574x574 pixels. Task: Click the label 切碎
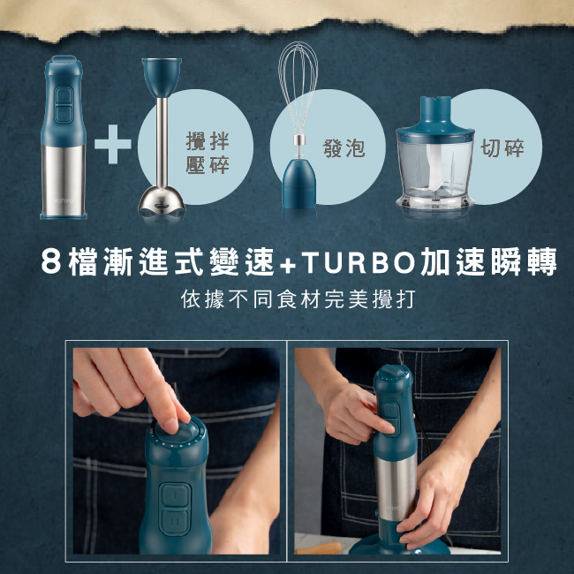[x=502, y=148]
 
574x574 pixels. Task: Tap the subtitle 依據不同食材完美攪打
[x=287, y=298]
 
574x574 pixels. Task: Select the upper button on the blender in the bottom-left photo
[x=174, y=497]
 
